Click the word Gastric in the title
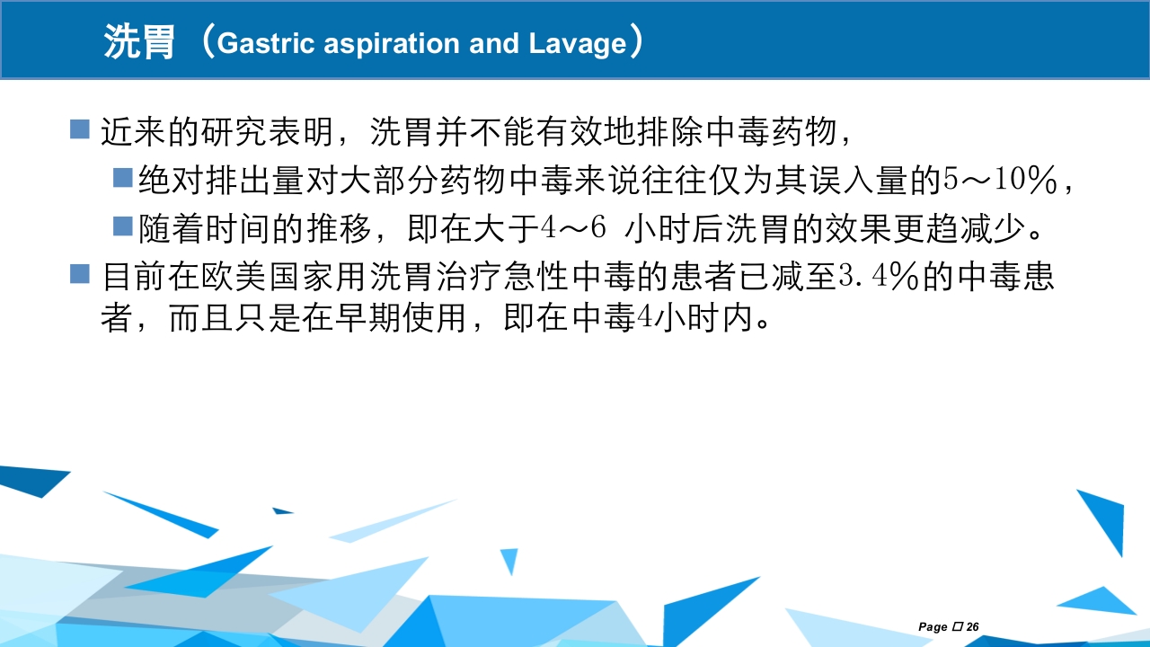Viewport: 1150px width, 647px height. [x=265, y=43]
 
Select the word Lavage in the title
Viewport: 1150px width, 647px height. [x=578, y=44]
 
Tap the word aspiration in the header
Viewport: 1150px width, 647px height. [x=391, y=44]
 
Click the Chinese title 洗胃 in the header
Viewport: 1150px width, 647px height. [x=139, y=42]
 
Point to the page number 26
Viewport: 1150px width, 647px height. [x=972, y=626]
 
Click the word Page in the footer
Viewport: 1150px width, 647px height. [x=933, y=627]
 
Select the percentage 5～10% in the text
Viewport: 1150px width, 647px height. [x=1000, y=180]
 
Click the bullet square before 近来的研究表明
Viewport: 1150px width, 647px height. [x=80, y=129]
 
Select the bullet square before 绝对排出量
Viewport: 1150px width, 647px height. [x=123, y=177]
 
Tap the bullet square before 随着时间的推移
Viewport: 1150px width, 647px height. [x=123, y=226]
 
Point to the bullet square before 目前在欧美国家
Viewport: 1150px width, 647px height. [x=80, y=274]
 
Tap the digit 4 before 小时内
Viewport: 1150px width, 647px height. [x=645, y=317]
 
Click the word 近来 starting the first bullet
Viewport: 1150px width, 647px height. [x=134, y=132]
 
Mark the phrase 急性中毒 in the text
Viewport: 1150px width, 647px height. [x=570, y=277]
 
